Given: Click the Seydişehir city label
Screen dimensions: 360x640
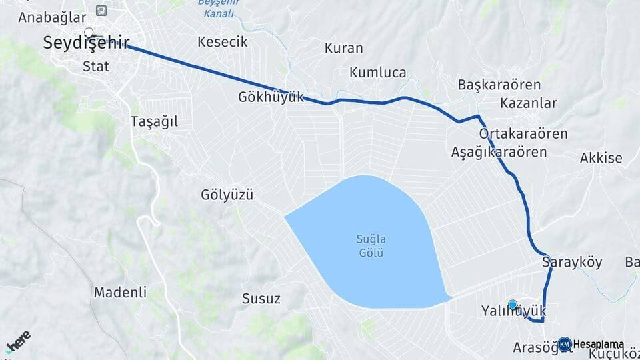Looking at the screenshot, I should (86, 43).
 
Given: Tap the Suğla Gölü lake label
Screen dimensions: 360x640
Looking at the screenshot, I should (372, 246).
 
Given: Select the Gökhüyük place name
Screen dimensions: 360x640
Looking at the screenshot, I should (271, 97).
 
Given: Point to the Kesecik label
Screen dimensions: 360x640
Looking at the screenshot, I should (223, 42).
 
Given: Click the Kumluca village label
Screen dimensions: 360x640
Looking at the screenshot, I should (378, 73).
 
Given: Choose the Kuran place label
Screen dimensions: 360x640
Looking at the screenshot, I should (343, 48).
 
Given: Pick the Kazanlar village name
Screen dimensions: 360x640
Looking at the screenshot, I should (529, 103).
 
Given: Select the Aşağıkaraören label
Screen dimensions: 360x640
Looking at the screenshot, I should (499, 152).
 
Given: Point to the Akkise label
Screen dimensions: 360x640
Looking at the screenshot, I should (601, 158).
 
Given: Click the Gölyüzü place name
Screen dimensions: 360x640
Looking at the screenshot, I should (227, 195).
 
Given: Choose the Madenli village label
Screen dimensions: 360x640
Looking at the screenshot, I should (120, 292).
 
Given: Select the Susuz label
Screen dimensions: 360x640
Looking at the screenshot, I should (261, 298).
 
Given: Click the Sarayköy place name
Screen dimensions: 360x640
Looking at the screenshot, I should (572, 262).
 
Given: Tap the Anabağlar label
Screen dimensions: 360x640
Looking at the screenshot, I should (53, 17).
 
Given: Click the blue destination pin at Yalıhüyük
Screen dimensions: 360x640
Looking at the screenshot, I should (512, 305).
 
